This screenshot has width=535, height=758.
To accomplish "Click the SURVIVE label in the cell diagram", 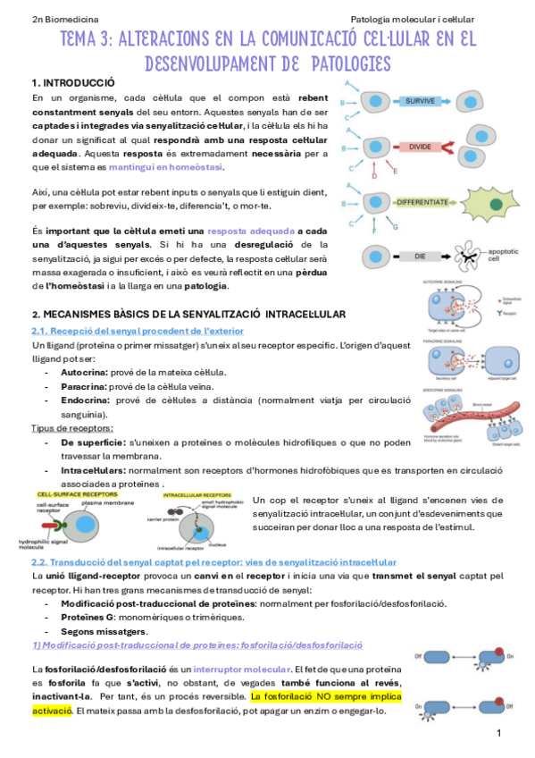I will point(420,101).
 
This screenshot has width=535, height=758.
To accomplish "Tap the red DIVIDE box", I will point(420,147).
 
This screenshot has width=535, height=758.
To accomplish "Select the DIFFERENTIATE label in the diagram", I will point(422,203).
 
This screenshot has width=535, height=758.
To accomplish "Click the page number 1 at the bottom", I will point(500,734).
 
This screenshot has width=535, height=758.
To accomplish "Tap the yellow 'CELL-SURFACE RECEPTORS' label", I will point(76,493).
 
